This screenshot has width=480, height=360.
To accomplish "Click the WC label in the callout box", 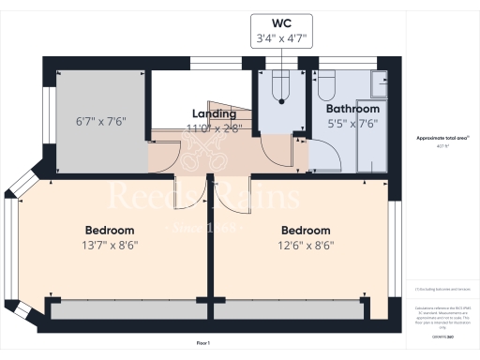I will (282, 21).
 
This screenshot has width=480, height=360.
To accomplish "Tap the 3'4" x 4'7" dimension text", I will (282, 38).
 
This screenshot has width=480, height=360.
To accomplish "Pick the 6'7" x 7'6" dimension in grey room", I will (100, 121).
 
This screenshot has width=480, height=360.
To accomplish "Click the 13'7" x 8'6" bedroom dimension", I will (110, 246).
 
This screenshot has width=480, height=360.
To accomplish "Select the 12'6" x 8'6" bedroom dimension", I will (305, 246).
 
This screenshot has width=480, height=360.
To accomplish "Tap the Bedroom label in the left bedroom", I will (110, 231).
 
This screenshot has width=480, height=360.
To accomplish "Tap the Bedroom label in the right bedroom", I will (305, 231).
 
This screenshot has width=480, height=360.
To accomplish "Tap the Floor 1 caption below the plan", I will (202, 345).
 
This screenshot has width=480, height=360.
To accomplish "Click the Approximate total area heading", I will (442, 138).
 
